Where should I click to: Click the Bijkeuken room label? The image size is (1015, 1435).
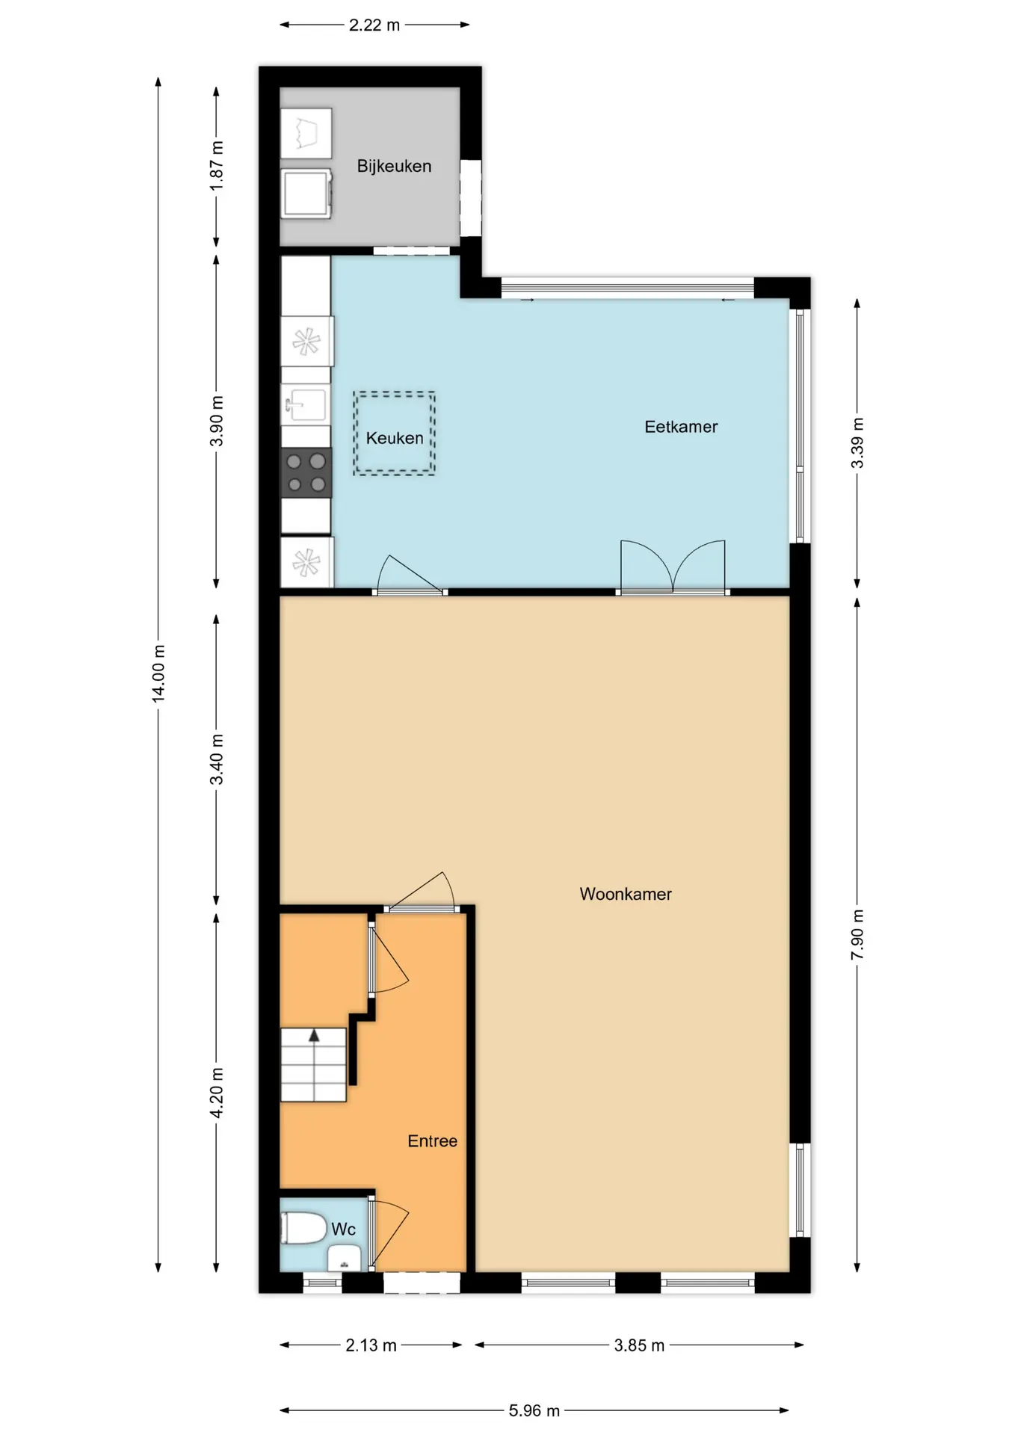pyautogui.click(x=394, y=166)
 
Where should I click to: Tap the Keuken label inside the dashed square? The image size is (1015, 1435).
pyautogui.click(x=395, y=438)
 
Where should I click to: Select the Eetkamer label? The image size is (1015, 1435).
pyautogui.click(x=681, y=427)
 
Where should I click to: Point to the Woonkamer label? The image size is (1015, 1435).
pyautogui.click(x=626, y=894)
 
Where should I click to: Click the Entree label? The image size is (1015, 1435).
pyautogui.click(x=432, y=1141)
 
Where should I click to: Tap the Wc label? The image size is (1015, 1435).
pyautogui.click(x=343, y=1229)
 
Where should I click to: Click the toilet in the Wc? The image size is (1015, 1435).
pyautogui.click(x=303, y=1228)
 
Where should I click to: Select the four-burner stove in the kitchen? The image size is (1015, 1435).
pyautogui.click(x=306, y=473)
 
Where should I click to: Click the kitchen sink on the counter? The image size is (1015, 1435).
pyautogui.click(x=305, y=405)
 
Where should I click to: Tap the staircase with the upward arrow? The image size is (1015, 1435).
pyautogui.click(x=314, y=1064)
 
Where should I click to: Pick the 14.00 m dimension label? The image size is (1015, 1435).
pyautogui.click(x=158, y=673)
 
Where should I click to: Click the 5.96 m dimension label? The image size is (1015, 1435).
pyautogui.click(x=534, y=1410)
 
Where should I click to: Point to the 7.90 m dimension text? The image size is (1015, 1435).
pyautogui.click(x=857, y=935)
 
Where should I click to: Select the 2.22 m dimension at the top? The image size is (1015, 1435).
pyautogui.click(x=374, y=25)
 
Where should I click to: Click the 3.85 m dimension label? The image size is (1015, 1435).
pyautogui.click(x=639, y=1345)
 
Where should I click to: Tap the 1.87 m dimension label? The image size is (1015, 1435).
pyautogui.click(x=217, y=165)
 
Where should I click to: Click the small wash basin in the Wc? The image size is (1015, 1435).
pyautogui.click(x=345, y=1259)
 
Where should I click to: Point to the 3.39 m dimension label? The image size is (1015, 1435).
pyautogui.click(x=857, y=443)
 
